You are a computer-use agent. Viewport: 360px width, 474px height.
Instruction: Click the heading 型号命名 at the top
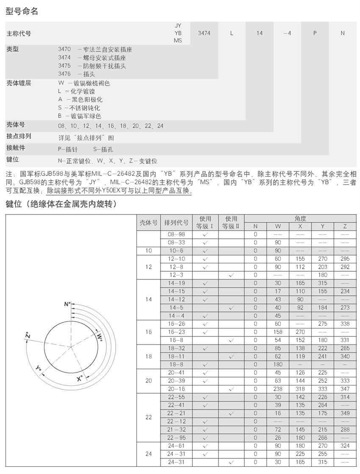(22, 12)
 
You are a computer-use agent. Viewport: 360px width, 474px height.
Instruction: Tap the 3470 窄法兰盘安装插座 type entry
(95, 50)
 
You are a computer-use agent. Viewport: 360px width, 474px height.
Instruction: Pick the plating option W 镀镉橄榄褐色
(84, 83)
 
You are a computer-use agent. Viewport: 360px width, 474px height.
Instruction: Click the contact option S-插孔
(103, 149)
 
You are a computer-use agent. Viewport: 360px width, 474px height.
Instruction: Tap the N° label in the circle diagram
(67, 304)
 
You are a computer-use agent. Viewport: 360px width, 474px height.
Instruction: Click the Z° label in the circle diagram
(27, 337)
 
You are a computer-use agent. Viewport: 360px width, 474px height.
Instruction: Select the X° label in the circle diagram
(80, 379)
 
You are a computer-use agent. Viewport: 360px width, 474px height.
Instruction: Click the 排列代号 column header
(176, 223)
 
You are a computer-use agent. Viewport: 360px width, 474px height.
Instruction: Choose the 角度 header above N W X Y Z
(300, 218)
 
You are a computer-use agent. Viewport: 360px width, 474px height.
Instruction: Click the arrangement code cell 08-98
(176, 234)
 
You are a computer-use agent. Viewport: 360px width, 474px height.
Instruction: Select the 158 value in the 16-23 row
(278, 332)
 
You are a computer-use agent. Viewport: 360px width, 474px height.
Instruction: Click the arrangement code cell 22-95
(176, 437)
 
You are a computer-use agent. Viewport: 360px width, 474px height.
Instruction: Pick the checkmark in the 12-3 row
(231, 275)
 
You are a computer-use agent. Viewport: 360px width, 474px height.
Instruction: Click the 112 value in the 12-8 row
(300, 267)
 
